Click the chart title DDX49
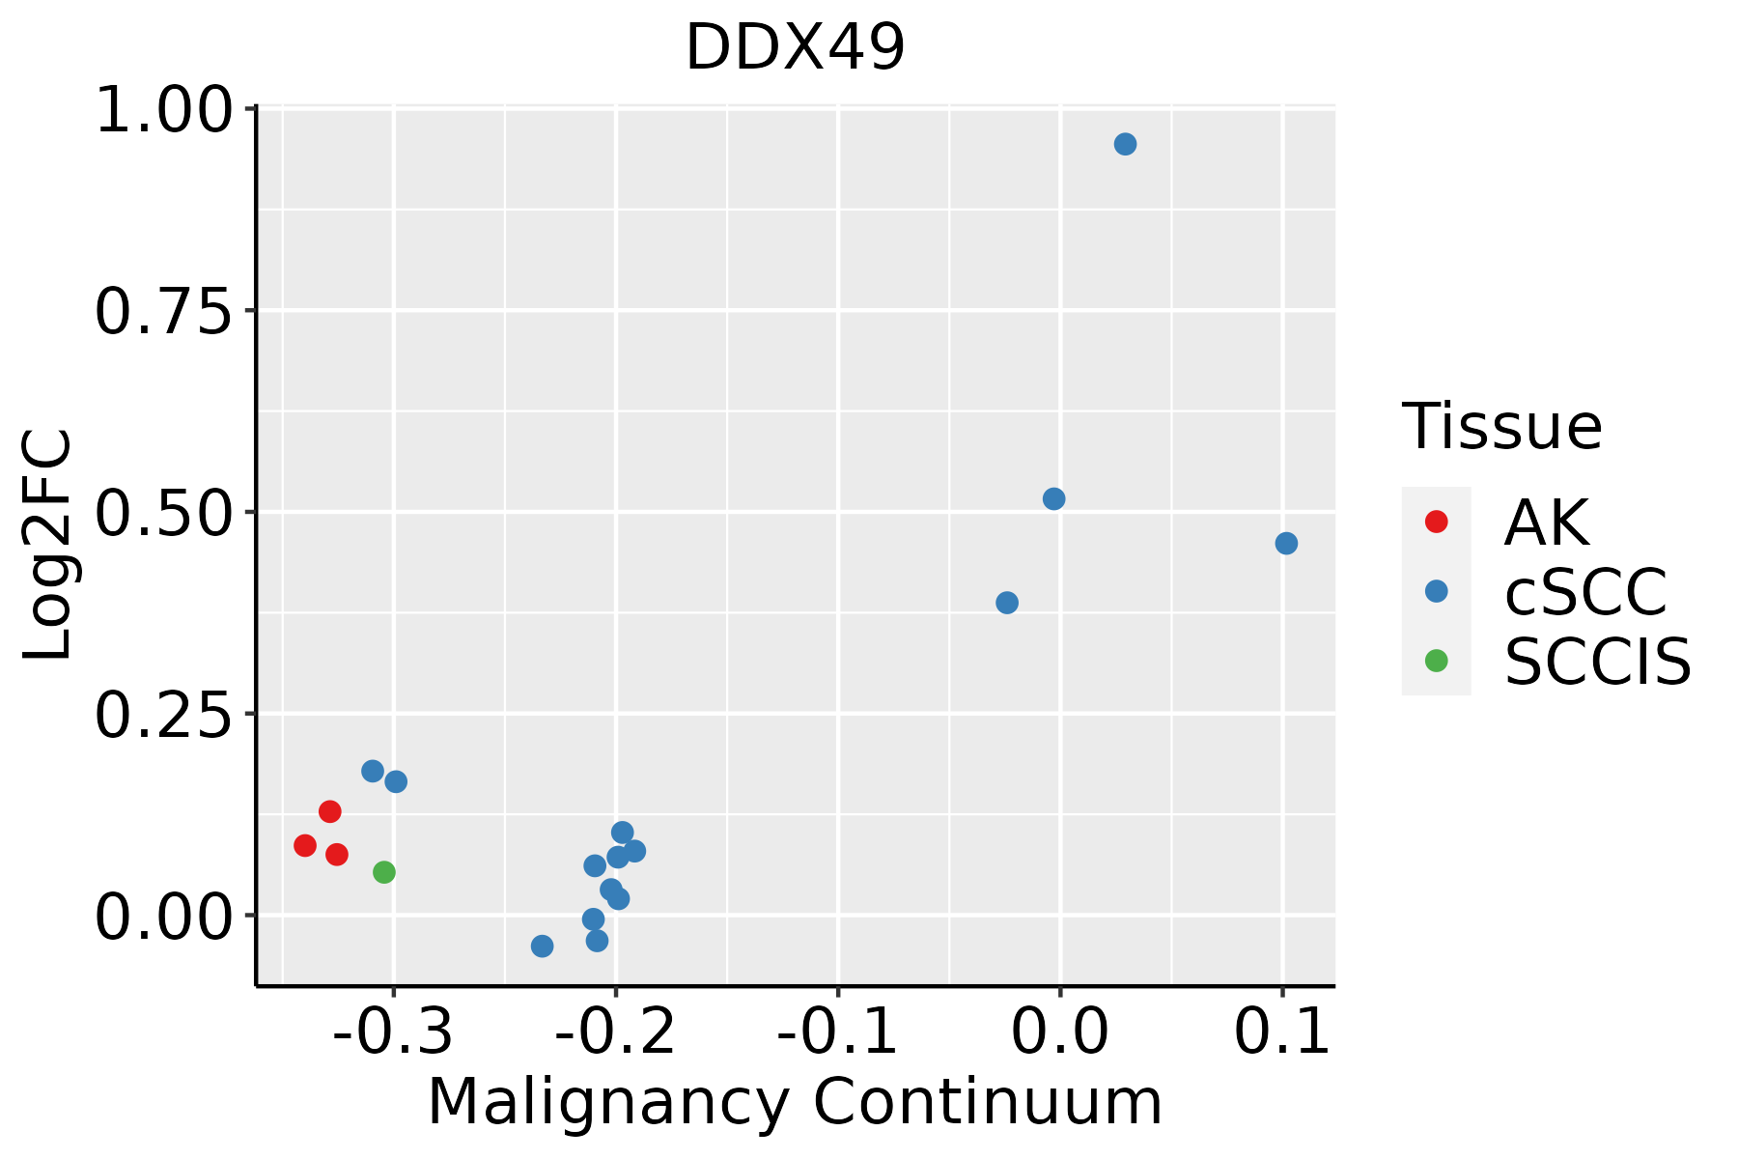coord(795,47)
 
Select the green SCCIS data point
coord(384,872)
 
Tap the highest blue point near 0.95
coord(1125,144)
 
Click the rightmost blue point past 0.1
coord(1286,544)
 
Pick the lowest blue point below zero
coord(543,946)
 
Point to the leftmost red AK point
coord(305,845)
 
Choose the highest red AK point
coord(330,811)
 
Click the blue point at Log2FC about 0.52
coord(1054,498)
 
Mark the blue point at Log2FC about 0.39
coord(1007,603)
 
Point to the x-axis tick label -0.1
coord(837,1032)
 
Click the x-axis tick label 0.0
coord(1059,1032)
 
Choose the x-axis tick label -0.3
coord(393,1032)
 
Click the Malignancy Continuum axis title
coord(795,1102)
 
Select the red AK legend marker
coord(1436,522)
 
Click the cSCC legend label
coord(1585,591)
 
